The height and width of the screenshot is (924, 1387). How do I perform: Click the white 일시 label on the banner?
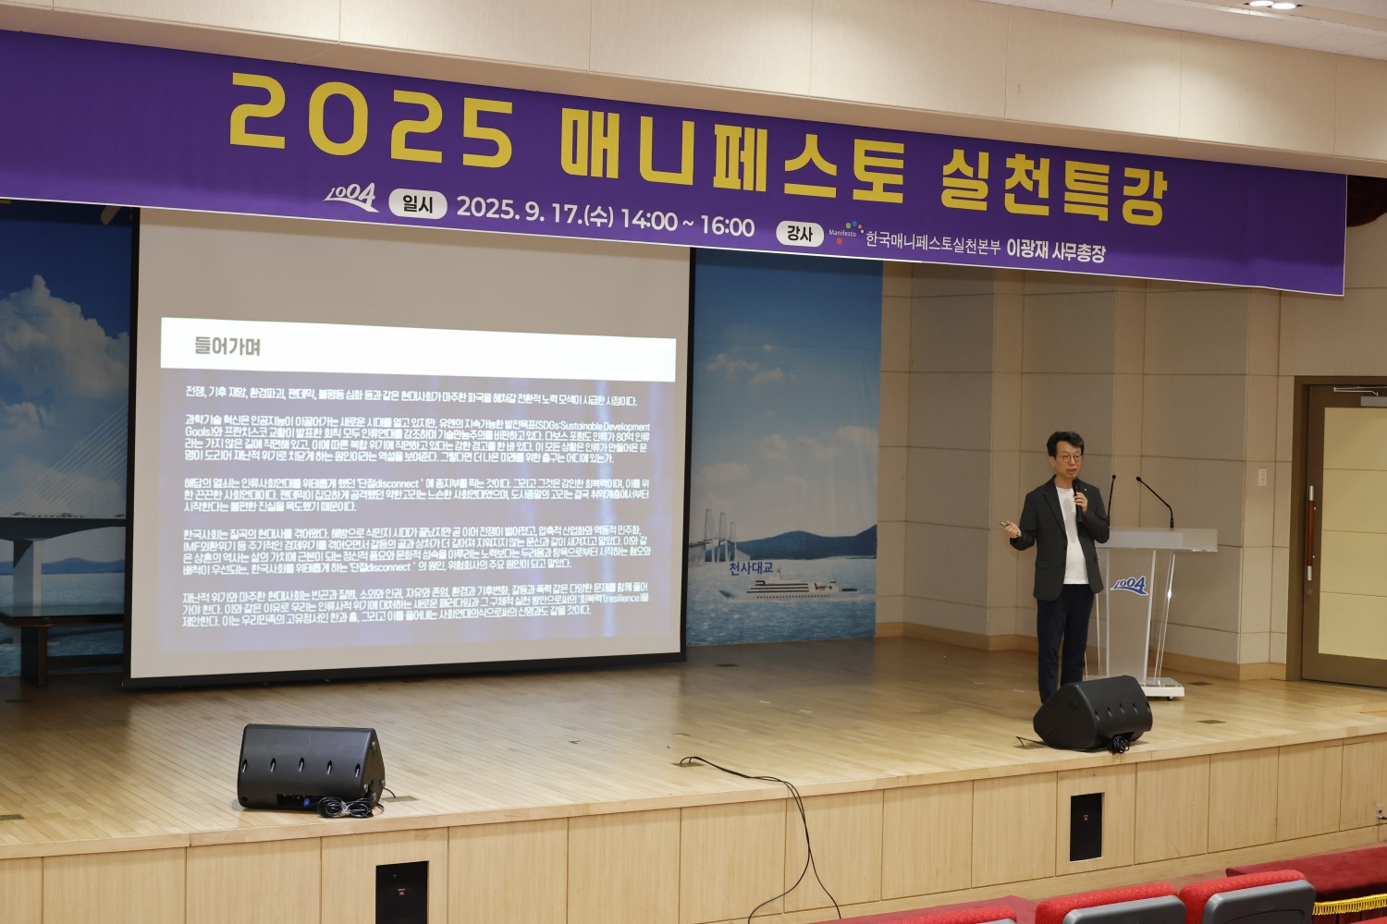click(417, 204)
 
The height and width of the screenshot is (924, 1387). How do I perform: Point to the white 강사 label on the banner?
click(799, 233)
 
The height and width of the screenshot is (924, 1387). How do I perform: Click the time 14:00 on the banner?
click(648, 219)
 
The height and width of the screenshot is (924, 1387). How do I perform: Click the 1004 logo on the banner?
click(351, 196)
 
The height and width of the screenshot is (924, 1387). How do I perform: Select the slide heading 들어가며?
click(227, 346)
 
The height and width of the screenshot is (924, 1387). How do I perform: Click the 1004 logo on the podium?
click(1129, 585)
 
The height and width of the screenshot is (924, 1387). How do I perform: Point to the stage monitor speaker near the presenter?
click(1093, 712)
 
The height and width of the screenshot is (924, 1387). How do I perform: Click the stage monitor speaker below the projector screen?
click(310, 766)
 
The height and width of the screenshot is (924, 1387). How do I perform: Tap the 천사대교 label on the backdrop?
click(750, 568)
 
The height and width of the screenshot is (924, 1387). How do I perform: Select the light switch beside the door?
click(1262, 477)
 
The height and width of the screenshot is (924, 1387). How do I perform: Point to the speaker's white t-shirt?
click(1074, 545)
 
